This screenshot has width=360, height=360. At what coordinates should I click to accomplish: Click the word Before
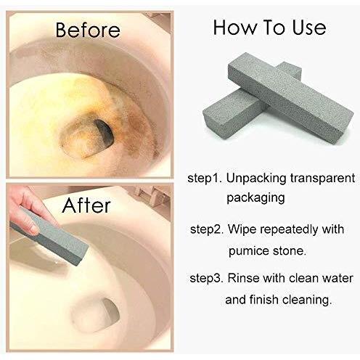88,30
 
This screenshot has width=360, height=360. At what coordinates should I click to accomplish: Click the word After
86,205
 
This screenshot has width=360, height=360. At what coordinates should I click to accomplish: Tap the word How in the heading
234,28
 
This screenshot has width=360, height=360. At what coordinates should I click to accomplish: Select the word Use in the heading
309,28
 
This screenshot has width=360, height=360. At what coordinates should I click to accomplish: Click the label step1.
205,179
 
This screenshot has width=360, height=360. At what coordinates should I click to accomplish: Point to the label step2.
207,229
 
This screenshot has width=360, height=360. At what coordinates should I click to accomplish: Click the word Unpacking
256,179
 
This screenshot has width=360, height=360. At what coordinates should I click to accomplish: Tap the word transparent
323,179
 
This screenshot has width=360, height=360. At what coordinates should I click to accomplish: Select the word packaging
255,198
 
